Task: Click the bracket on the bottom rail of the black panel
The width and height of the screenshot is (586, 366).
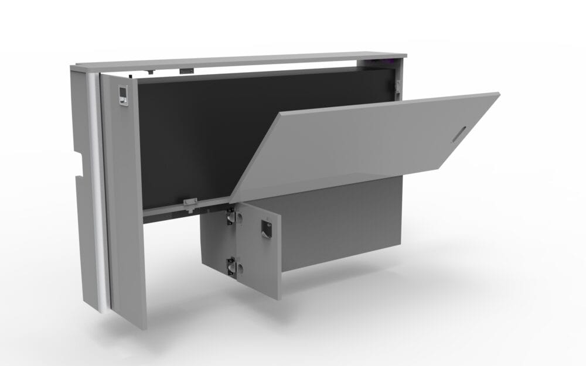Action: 189,203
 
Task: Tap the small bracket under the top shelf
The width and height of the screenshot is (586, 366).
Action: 186,70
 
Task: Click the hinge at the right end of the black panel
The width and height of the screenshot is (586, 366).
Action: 397,85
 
